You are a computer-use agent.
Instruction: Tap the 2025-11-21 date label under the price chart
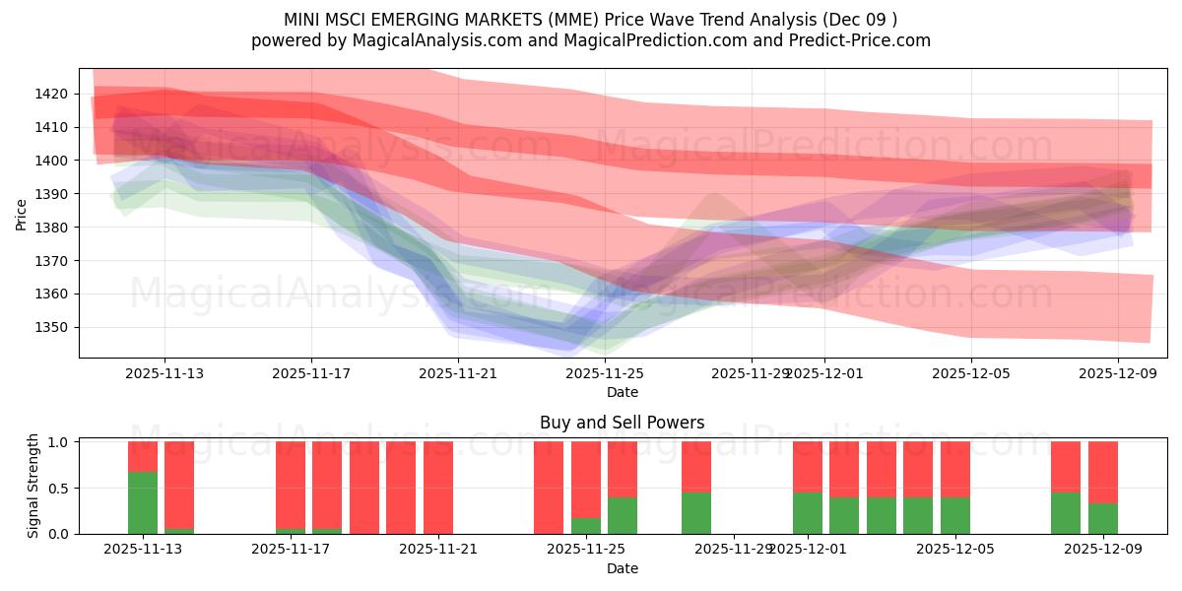(x=458, y=373)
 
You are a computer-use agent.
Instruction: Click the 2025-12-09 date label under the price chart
(x=1118, y=373)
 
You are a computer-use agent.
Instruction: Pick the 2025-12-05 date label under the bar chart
(x=954, y=550)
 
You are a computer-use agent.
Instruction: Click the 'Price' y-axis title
(x=22, y=213)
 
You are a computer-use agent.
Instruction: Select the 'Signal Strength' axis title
(x=33, y=486)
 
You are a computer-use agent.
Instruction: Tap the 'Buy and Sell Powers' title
(x=622, y=423)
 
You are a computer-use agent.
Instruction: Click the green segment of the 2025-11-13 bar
(x=143, y=502)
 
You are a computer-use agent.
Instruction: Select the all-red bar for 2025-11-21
(x=438, y=488)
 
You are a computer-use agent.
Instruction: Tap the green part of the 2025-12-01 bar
(x=808, y=512)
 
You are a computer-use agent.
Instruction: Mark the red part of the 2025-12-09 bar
(x=1103, y=472)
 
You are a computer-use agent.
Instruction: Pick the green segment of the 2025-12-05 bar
(x=955, y=515)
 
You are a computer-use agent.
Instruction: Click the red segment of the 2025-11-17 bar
(x=291, y=483)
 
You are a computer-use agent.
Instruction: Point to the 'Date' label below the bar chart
(x=622, y=568)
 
